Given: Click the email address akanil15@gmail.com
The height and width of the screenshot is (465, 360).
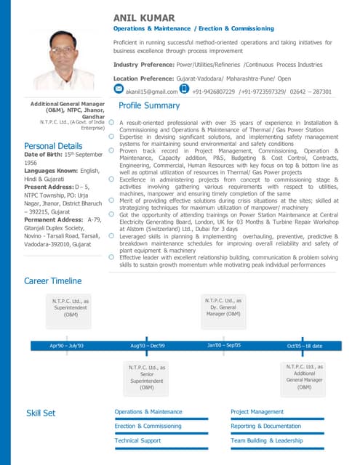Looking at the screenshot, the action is tap(151, 92).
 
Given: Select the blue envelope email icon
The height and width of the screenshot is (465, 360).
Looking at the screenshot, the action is tap(119, 89).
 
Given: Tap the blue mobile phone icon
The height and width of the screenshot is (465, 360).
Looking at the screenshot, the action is tap(184, 89).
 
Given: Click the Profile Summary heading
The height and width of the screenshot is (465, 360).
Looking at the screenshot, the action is tap(149, 106).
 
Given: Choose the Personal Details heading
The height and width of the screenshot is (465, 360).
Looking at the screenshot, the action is tap(53, 146).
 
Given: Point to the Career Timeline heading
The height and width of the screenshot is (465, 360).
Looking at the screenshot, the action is tap(52, 280).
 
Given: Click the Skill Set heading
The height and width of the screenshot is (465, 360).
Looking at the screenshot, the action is tap(41, 413).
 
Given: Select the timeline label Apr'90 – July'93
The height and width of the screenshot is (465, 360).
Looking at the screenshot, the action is tap(67, 346).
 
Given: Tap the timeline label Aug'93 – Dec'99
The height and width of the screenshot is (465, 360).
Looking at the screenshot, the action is tap(147, 346).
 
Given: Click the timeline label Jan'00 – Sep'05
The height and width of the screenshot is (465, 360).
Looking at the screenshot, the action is tap(224, 346).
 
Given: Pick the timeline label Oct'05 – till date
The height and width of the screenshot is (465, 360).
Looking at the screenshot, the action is tap(304, 346).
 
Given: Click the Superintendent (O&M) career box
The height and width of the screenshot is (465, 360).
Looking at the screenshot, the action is tap(71, 307).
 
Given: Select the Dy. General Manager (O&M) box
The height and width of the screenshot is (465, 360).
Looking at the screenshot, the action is tap(224, 307).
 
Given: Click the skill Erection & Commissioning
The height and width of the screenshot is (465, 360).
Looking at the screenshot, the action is tap(148, 426).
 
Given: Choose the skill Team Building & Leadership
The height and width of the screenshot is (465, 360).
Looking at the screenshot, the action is tap(266, 440).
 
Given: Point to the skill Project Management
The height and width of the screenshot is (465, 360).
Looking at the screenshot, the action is tap(257, 412).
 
